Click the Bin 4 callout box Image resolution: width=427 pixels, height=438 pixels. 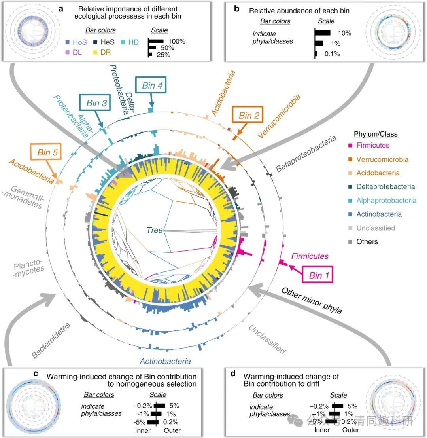[x=151, y=85]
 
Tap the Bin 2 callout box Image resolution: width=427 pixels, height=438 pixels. [x=248, y=114]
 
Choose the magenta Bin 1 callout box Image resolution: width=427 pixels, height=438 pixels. [x=317, y=275]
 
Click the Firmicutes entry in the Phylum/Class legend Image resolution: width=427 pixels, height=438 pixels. [x=369, y=145]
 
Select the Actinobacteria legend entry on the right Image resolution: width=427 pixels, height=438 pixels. [x=375, y=214]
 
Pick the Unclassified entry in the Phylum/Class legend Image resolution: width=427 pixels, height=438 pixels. [x=372, y=228]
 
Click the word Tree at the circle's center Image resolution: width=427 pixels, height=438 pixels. [x=154, y=230]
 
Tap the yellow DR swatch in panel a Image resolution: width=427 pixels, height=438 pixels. [x=95, y=52]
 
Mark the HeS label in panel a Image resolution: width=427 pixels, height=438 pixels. [x=108, y=42]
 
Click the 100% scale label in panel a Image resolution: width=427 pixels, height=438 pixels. [x=177, y=41]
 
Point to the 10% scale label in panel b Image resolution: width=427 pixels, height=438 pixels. [x=344, y=33]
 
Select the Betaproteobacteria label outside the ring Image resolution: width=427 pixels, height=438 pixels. [x=306, y=154]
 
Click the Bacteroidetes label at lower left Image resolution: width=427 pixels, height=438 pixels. [x=51, y=340]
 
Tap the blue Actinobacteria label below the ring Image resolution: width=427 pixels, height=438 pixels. [x=165, y=361]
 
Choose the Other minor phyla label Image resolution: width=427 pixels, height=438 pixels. [x=312, y=301]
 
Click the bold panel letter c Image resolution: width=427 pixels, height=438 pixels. [x=36, y=373]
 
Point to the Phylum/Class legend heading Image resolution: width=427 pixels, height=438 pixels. [x=375, y=134]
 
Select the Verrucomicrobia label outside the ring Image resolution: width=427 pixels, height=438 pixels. [x=279, y=116]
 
